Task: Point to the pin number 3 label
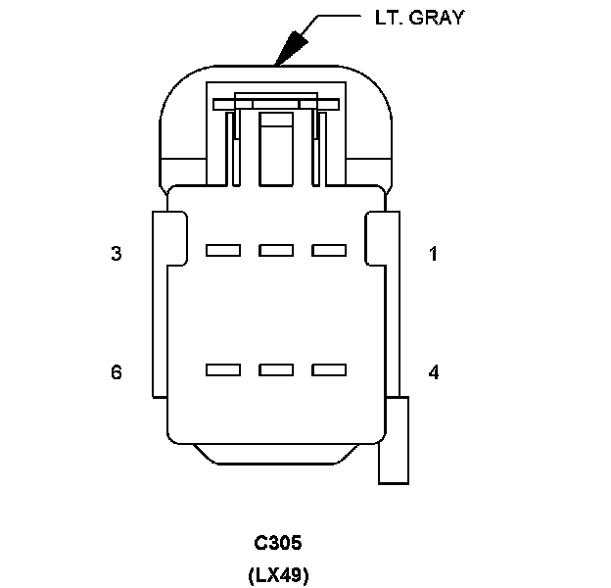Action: click(117, 255)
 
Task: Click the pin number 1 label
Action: click(434, 255)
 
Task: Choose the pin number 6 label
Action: click(117, 372)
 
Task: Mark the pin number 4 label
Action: click(434, 372)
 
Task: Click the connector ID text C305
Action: click(278, 543)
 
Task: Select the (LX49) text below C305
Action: click(278, 573)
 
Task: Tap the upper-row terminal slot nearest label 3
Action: click(223, 251)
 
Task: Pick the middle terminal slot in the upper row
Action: click(276, 251)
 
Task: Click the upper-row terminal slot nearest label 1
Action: click(329, 251)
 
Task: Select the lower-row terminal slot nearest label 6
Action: click(223, 370)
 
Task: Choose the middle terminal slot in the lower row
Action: click(276, 370)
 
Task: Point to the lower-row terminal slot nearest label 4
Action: click(329, 370)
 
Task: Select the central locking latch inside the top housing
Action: click(276, 147)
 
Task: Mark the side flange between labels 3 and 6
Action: click(161, 314)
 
